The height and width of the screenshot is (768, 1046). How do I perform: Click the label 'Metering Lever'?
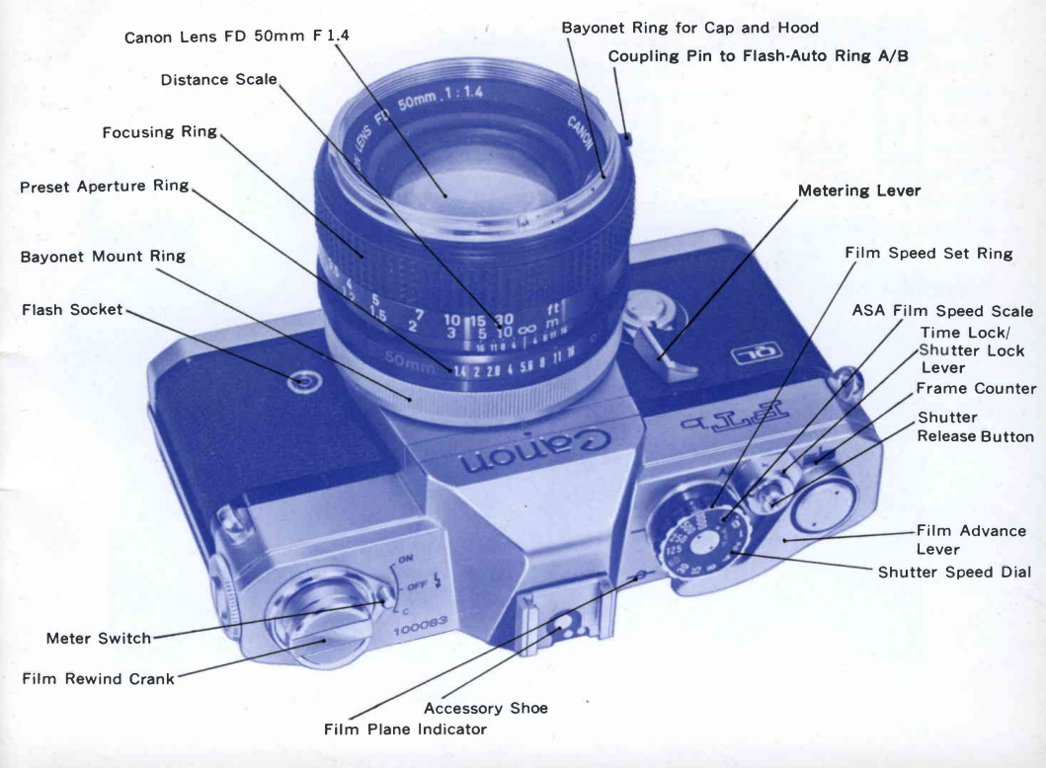[x=858, y=191]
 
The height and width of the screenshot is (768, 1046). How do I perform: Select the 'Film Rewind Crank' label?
[x=98, y=679]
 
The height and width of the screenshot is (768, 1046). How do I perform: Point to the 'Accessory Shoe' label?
[x=485, y=708]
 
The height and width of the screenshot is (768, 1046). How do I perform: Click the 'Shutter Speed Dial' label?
[x=955, y=573]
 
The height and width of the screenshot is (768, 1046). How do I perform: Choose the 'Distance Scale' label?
[x=218, y=79]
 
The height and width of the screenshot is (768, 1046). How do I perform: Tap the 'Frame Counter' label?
[x=976, y=389]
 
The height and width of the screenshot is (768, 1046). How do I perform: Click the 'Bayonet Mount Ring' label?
[x=103, y=257]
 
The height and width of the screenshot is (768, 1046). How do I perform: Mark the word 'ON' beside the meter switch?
[x=405, y=561]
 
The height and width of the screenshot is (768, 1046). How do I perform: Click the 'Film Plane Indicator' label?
[x=405, y=730]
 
